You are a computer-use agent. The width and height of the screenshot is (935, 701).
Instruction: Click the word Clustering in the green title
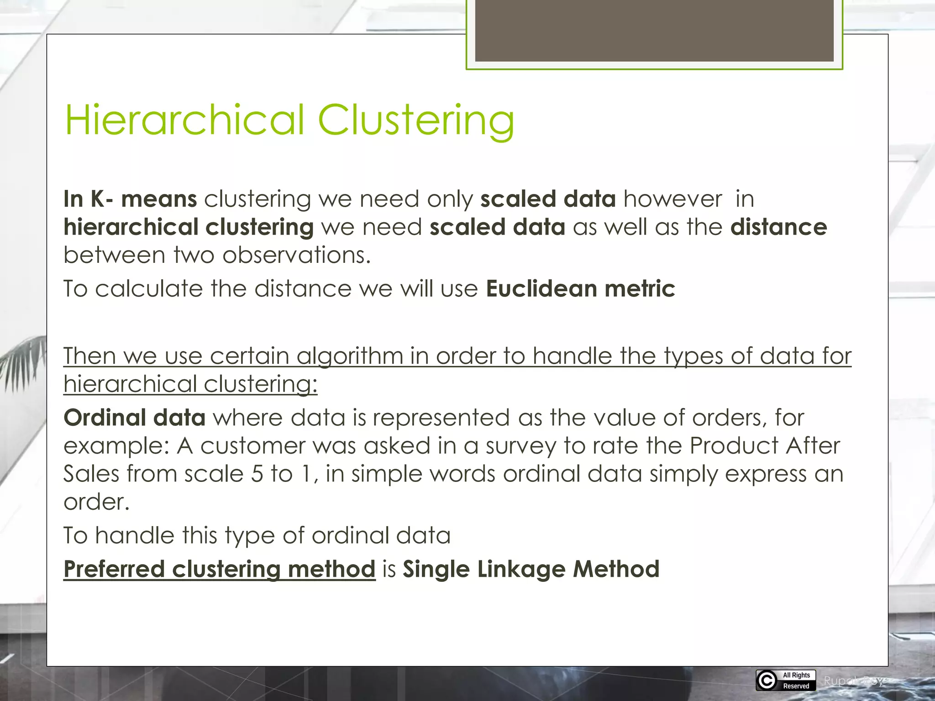416,120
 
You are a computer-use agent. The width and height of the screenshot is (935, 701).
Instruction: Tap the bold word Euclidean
541,288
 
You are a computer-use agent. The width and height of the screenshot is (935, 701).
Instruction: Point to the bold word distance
778,227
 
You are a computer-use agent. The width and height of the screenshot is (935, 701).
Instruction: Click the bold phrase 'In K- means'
130,199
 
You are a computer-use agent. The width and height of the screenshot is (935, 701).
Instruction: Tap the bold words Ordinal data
135,418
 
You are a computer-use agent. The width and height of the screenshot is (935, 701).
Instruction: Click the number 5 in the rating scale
257,474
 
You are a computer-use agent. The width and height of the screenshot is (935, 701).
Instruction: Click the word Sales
91,474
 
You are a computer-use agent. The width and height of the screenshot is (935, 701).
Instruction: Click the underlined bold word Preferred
114,569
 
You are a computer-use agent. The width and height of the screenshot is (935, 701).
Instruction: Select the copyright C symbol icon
767,680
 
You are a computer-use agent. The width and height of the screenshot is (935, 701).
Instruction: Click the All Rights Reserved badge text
796,680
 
